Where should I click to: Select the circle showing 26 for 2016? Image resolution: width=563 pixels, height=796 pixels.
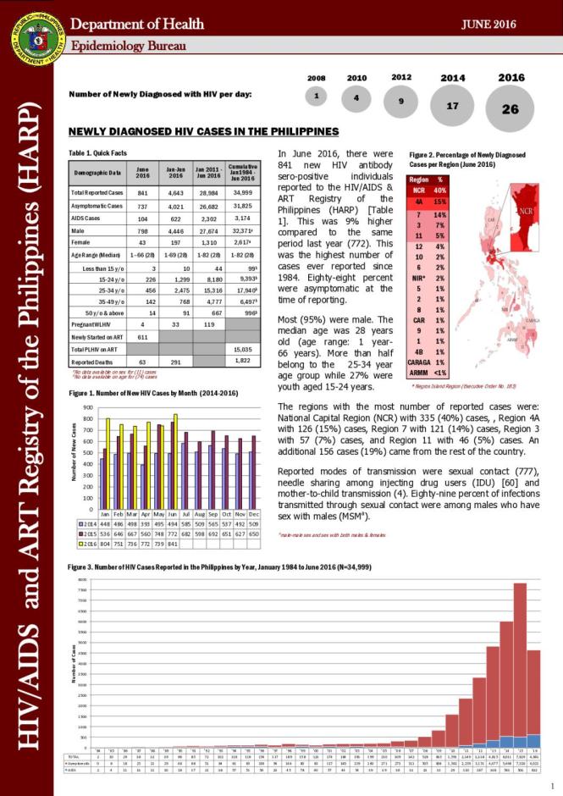tap(511, 109)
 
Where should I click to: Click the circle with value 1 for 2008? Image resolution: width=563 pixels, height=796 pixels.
tap(316, 96)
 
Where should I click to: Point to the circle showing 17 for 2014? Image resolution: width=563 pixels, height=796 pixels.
tap(452, 106)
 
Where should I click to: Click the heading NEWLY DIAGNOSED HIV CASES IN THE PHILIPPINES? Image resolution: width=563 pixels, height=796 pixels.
tap(203, 131)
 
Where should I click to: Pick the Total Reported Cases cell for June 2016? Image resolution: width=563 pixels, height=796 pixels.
tap(143, 193)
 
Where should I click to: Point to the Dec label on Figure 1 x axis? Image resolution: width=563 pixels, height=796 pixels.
tap(254, 513)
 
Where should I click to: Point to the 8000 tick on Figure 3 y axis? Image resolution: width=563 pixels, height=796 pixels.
tap(82, 580)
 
